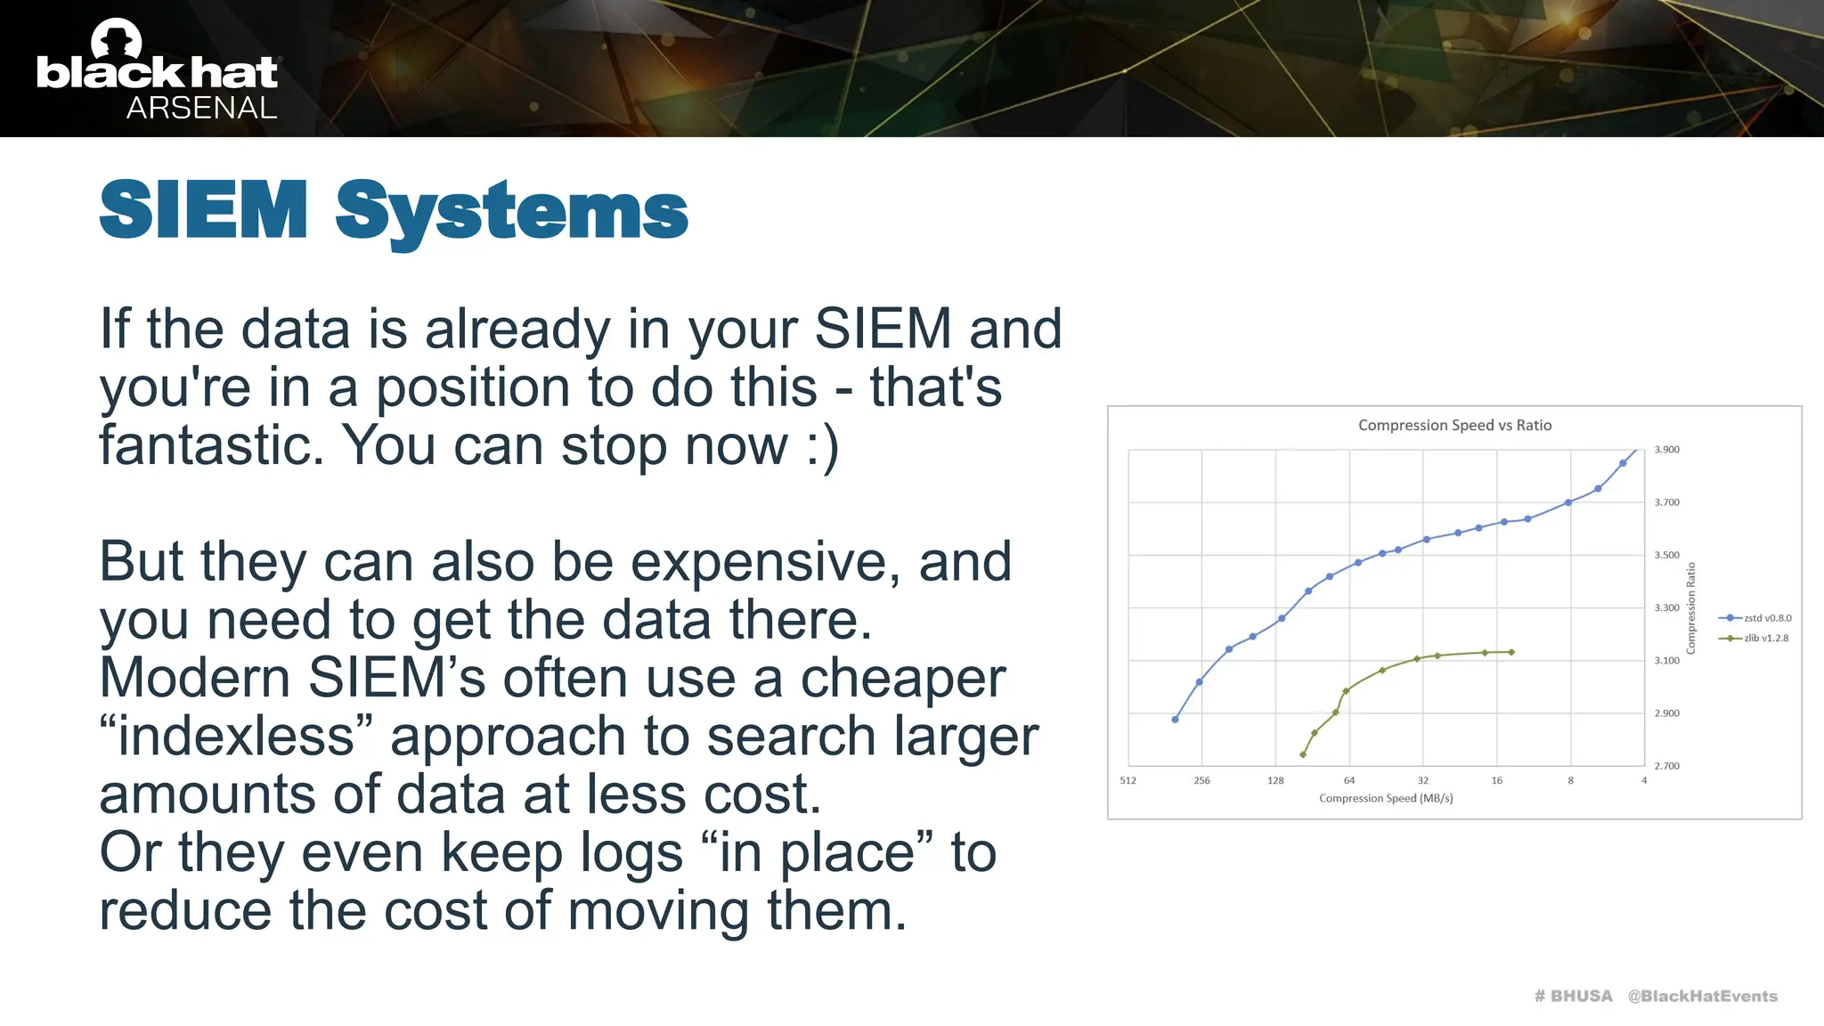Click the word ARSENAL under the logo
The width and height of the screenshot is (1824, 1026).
click(201, 108)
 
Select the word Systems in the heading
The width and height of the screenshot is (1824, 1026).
click(511, 212)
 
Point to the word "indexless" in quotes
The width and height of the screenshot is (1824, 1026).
click(236, 737)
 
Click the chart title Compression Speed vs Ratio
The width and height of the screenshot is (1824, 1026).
click(1454, 426)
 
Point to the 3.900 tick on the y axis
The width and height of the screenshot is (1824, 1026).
click(1666, 450)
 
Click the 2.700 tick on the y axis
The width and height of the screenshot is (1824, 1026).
click(1666, 766)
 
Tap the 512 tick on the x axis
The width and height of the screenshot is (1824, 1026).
click(1128, 781)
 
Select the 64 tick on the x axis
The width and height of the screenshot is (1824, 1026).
click(1348, 781)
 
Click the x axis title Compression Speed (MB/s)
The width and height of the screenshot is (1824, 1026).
click(1386, 799)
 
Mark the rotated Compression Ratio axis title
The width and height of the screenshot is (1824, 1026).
click(1690, 608)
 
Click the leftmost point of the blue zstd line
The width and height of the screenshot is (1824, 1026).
click(1175, 720)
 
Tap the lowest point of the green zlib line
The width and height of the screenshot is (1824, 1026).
click(1303, 755)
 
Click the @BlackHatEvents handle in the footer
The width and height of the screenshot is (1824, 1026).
click(1702, 997)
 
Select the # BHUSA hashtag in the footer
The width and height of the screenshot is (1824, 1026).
click(1573, 997)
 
